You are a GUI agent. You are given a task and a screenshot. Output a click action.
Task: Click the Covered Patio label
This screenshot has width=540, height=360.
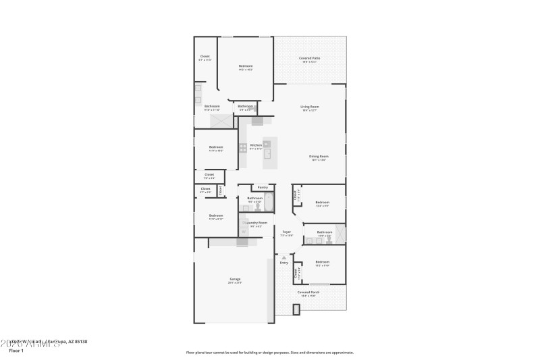pos(309,59)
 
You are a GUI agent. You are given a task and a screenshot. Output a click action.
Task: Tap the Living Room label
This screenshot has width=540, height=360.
pos(310,107)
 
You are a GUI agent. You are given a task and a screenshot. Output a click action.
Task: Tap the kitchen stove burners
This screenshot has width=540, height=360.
pos(242,147)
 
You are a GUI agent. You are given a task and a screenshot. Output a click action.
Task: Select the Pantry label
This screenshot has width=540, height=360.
pos(263,187)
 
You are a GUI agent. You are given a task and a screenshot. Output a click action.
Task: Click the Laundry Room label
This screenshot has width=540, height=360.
pos(257,222)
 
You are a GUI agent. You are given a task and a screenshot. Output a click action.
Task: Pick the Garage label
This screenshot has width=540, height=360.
pos(235,278)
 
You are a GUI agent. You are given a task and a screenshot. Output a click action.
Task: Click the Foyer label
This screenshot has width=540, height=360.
pos(286,232)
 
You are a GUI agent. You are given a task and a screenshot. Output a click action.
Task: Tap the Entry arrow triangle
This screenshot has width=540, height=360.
pos(284,257)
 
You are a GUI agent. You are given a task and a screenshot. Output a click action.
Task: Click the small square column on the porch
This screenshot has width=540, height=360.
pos(296,309)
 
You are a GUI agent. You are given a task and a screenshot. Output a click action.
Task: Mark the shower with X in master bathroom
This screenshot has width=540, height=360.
pos(220,121)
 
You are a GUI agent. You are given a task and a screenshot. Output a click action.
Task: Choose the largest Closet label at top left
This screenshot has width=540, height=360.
pos(205,57)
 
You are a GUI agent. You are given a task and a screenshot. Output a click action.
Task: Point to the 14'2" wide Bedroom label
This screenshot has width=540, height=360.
pos(246,66)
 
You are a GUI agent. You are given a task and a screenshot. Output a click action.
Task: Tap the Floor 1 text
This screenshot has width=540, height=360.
pos(16,351)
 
